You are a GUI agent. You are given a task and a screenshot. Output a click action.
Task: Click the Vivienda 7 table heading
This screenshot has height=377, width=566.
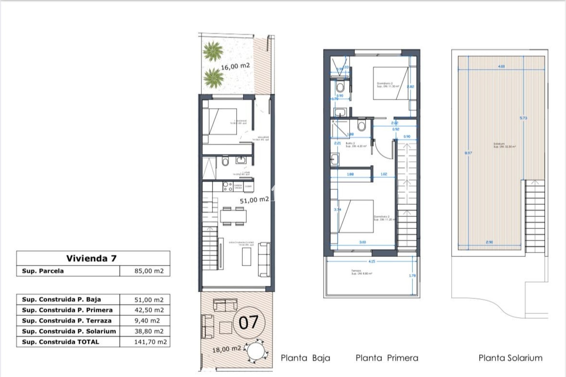[x=91, y=258]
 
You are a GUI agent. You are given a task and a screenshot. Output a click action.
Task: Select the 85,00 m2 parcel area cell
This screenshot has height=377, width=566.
[x=149, y=271]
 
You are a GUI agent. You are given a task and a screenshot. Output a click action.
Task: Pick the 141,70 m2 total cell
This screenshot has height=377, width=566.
[x=150, y=342]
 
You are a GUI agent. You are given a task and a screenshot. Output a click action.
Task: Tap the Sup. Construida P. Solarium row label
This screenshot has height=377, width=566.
[x=69, y=331]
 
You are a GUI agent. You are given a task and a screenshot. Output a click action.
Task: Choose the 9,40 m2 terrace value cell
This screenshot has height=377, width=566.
[x=147, y=321]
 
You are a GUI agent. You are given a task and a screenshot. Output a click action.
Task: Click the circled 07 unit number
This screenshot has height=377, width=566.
[x=249, y=323]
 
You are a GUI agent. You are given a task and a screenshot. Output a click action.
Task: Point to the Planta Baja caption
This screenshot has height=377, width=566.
[x=305, y=358]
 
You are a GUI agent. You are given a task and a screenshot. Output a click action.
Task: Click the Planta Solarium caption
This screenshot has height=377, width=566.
[x=510, y=358]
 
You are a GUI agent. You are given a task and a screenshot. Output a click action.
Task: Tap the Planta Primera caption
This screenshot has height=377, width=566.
[x=387, y=358]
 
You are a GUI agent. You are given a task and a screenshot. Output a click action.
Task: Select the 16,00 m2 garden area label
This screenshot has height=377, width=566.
[x=235, y=66]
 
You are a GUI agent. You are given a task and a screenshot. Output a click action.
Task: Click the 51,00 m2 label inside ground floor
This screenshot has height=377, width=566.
[x=254, y=200]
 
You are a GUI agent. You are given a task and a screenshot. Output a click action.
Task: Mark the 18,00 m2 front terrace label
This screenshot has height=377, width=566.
[x=226, y=349]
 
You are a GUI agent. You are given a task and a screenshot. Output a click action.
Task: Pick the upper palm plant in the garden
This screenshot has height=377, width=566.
[x=213, y=51]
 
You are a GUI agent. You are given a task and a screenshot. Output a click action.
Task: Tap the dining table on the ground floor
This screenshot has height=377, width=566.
[x=233, y=216]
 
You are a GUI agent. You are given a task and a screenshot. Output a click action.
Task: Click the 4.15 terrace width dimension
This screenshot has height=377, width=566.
[x=372, y=261]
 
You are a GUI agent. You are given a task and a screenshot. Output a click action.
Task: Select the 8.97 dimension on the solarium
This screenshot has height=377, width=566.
[x=468, y=153]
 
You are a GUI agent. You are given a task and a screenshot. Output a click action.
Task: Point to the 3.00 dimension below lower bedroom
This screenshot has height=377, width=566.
[x=363, y=242]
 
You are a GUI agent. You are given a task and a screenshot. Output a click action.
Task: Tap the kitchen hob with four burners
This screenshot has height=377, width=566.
[x=227, y=186]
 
